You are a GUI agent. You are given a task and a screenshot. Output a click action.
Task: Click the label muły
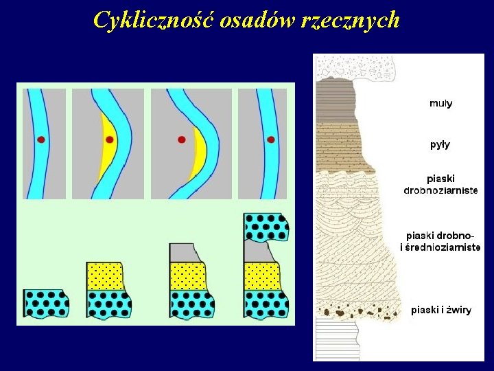coord(440,104)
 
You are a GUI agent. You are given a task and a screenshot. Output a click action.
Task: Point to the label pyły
coord(440,145)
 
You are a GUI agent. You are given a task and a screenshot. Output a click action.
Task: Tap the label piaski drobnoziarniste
coord(440,184)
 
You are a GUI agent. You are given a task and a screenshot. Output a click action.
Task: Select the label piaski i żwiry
coord(441,310)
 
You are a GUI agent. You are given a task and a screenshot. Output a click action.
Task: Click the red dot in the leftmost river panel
coord(41,139)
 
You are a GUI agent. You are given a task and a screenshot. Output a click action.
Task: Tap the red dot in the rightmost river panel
coord(271,139)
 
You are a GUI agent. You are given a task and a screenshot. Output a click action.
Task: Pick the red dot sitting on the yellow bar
coord(109,139)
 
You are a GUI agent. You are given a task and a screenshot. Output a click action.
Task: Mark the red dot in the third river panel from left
coord(182,139)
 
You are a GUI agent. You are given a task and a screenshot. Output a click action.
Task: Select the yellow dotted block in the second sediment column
coord(105,276)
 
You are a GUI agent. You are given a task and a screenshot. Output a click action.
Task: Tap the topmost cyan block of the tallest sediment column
coord(266,226)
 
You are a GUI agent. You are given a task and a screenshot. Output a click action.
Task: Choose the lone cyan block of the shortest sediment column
coord(46,302)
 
